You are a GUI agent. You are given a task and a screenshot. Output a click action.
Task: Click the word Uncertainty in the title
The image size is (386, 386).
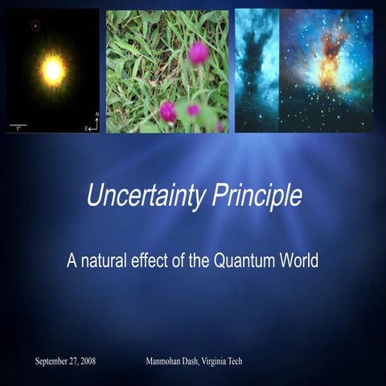[134, 197]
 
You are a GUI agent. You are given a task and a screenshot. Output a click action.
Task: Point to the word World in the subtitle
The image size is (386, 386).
[296, 261]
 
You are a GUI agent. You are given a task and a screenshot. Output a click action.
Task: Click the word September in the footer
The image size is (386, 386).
[53, 361]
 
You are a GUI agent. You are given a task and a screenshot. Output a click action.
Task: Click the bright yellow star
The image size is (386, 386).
[53, 71]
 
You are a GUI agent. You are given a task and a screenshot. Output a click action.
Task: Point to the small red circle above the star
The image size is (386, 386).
[35, 25]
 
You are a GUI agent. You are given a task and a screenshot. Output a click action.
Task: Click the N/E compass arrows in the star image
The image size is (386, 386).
[93, 123]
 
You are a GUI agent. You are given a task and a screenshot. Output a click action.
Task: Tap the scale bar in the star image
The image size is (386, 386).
[18, 125]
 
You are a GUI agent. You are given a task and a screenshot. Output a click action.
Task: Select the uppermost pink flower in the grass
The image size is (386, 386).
[198, 52]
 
